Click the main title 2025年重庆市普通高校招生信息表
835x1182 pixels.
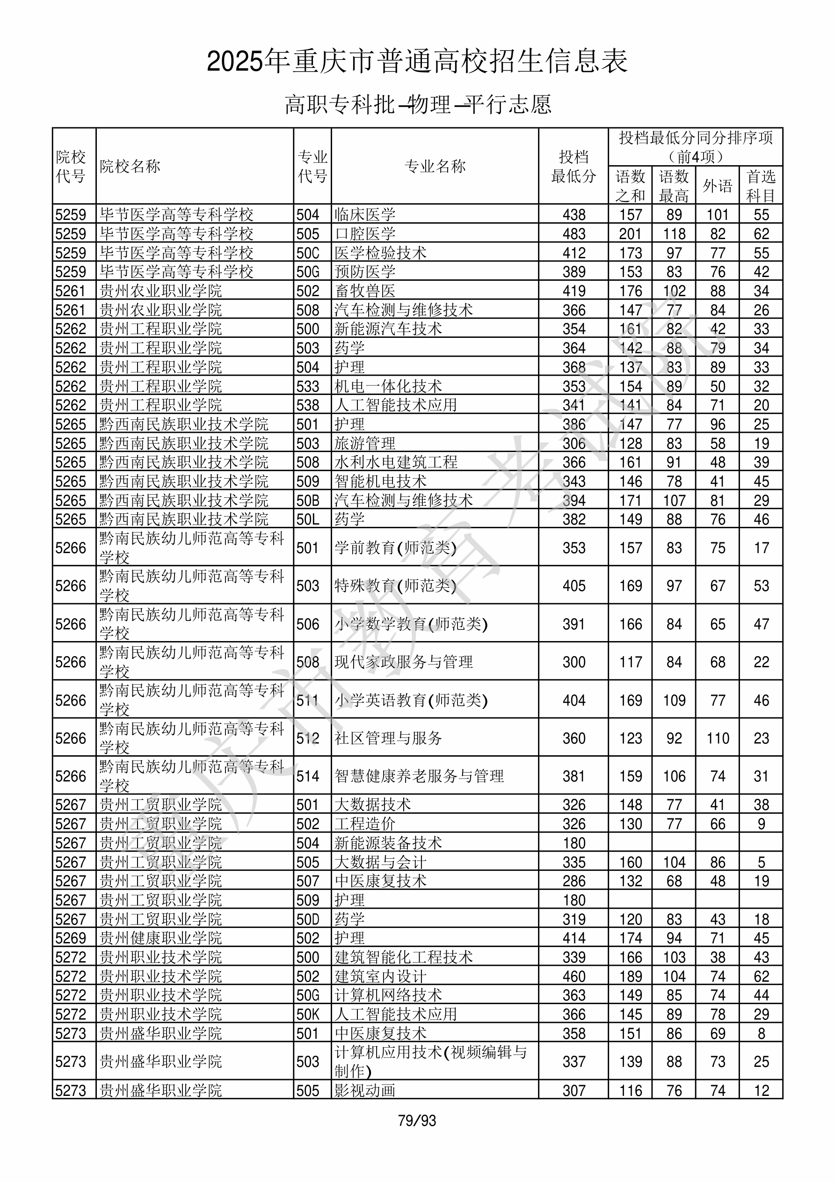click(417, 62)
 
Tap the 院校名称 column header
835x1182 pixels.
click(130, 166)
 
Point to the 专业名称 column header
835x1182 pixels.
click(435, 166)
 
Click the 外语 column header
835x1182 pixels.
click(717, 186)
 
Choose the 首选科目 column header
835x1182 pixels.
click(761, 186)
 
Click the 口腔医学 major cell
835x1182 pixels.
click(365, 233)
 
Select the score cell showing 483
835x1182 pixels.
click(574, 233)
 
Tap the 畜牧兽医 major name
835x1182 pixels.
click(365, 291)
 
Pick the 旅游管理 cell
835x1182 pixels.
click(365, 443)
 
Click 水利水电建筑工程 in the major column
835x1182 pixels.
click(396, 462)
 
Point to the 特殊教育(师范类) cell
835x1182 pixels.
click(395, 586)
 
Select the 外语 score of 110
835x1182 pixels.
click(718, 738)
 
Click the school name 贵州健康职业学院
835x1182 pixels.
click(160, 938)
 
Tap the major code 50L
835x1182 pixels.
click(308, 519)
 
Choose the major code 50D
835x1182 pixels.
click(308, 919)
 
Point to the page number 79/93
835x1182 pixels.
click(417, 1121)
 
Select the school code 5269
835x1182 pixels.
click(71, 938)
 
